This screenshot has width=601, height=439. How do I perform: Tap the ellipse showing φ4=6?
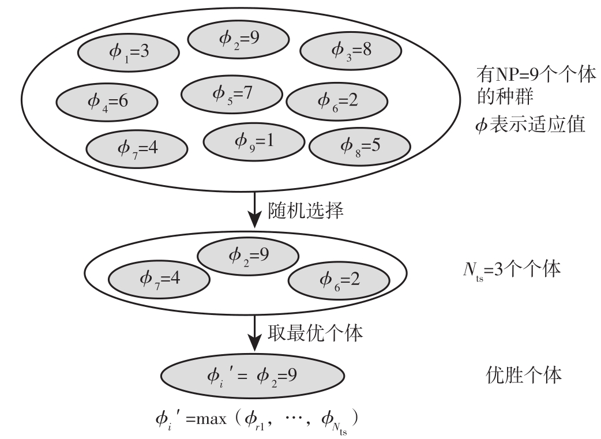107,102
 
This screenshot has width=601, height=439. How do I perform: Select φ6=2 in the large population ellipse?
337,101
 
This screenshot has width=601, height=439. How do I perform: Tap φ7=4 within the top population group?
137,148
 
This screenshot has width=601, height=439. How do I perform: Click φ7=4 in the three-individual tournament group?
159,279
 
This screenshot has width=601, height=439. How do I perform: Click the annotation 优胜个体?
521,376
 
